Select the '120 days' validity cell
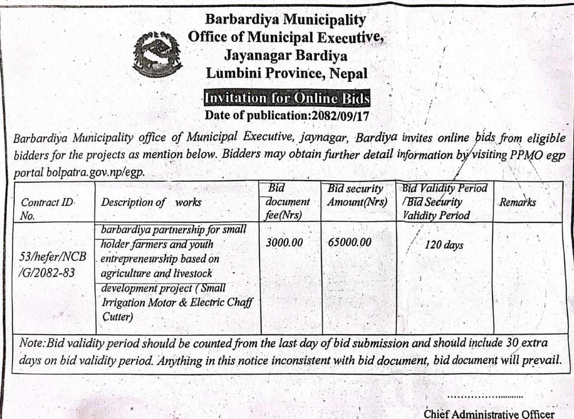pyautogui.click(x=445, y=245)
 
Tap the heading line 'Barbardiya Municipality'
pyautogui.click(x=286, y=20)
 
